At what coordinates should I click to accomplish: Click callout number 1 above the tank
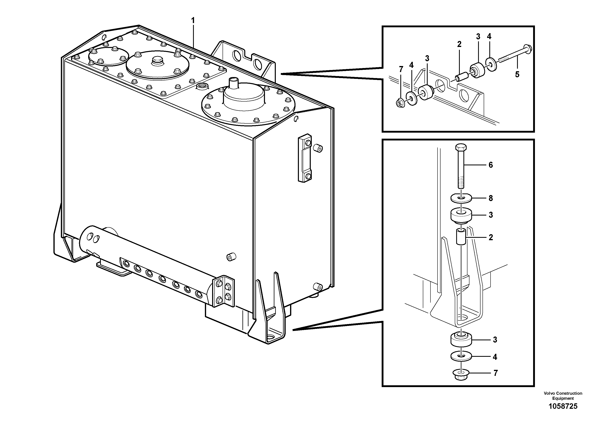[193, 20]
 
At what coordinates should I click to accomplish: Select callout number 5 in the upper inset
[517, 74]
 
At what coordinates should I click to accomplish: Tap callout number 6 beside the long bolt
[491, 165]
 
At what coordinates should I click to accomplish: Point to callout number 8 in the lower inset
[491, 198]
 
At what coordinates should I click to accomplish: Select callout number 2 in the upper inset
[459, 44]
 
